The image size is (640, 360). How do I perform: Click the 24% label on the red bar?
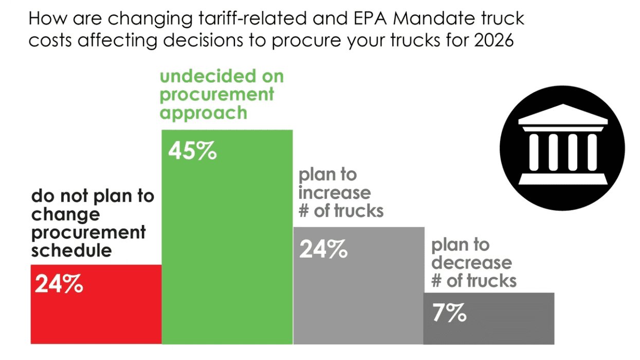59,284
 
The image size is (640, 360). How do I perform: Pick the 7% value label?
449,313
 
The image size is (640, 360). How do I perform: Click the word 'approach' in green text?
203,113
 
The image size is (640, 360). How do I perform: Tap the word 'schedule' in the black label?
71,250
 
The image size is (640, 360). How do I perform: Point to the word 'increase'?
334,192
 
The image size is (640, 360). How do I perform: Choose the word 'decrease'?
471,263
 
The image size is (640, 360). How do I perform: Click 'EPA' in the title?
349,20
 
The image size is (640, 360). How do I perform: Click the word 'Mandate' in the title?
417,20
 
